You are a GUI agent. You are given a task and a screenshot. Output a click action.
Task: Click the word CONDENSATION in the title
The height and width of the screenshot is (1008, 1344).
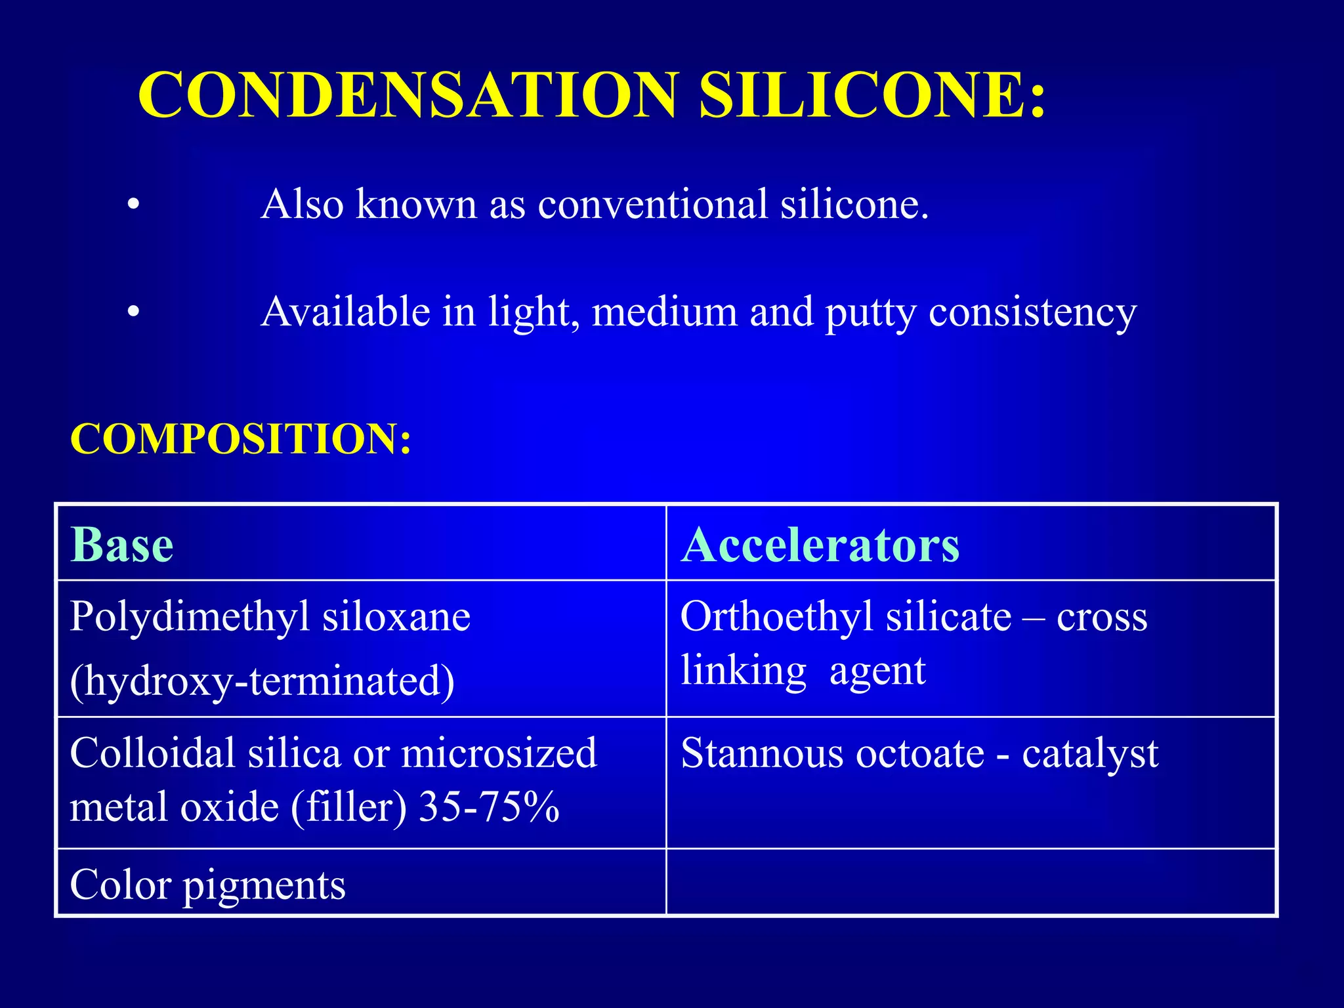pyautogui.click(x=407, y=95)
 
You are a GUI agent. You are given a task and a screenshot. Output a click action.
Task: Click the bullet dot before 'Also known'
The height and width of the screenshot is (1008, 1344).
pyautogui.click(x=134, y=205)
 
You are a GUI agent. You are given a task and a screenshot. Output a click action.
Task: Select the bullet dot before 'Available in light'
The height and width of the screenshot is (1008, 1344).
pyautogui.click(x=134, y=312)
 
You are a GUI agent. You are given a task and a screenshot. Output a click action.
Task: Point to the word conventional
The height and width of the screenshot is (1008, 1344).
pyautogui.click(x=652, y=204)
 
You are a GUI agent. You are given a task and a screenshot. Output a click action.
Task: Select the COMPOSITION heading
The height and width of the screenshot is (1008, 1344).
pyautogui.click(x=241, y=438)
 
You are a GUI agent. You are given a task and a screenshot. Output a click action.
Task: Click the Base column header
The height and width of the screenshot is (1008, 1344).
pyautogui.click(x=122, y=545)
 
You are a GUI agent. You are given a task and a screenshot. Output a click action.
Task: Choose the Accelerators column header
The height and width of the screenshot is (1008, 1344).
pyautogui.click(x=820, y=545)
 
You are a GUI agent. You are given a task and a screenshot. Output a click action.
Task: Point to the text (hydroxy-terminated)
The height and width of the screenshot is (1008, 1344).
pyautogui.click(x=262, y=681)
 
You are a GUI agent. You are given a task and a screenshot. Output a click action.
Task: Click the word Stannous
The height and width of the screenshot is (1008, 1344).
pyautogui.click(x=762, y=753)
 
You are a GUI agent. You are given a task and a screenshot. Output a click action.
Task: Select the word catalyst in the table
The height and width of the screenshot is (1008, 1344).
pyautogui.click(x=1089, y=753)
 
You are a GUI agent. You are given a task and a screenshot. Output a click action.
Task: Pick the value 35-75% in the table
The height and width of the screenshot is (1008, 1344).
pyautogui.click(x=489, y=807)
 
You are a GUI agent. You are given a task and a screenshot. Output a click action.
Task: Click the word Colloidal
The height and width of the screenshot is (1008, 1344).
pyautogui.click(x=152, y=753)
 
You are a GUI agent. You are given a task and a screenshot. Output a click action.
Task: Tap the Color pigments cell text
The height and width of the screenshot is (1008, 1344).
pyautogui.click(x=207, y=885)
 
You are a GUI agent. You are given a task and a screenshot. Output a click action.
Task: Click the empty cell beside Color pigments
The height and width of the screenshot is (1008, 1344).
pyautogui.click(x=971, y=882)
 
